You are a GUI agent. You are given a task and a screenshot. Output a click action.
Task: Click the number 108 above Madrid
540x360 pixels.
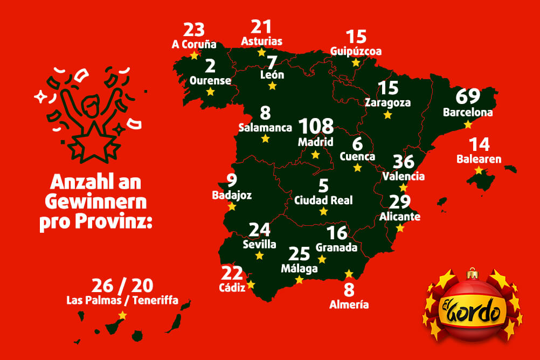pyautogui.click(x=316, y=127)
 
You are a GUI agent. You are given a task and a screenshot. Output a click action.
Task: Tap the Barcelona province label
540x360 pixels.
pyautogui.click(x=468, y=113)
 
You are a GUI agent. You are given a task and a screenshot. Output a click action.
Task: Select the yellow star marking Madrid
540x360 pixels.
pyautogui.click(x=316, y=155)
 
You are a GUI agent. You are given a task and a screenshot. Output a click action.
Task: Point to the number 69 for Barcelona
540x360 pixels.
pyautogui.click(x=468, y=97)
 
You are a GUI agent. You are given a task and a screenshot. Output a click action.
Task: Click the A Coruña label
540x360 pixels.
pyautogui.click(x=194, y=45)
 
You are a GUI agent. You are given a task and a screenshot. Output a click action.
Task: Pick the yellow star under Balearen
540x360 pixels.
pyautogui.click(x=479, y=170)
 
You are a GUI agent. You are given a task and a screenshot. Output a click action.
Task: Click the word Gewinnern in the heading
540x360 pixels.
pyautogui.click(x=95, y=202)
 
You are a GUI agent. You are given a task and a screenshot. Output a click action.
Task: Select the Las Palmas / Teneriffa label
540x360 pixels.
pyautogui.click(x=122, y=300)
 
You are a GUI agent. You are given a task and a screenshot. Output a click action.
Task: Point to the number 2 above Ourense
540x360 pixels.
pyautogui.click(x=210, y=66)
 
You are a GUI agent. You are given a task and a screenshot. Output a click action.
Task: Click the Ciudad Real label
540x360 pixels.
pyautogui.click(x=323, y=200)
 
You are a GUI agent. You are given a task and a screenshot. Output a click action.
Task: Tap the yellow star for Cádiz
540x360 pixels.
pyautogui.click(x=250, y=285)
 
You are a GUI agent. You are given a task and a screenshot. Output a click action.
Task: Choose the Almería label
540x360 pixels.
pyautogui.click(x=349, y=304)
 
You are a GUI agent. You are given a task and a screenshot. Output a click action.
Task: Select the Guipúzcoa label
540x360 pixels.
pyautogui.click(x=356, y=51)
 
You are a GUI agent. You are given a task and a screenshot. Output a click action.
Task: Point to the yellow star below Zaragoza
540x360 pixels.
pyautogui.click(x=387, y=115)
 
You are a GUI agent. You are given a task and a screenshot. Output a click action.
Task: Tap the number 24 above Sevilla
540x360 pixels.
pyautogui.click(x=259, y=230)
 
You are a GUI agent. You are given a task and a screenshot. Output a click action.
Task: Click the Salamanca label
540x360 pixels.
pyautogui.click(x=265, y=128)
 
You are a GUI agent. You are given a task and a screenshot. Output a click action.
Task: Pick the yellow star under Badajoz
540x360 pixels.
pyautogui.click(x=232, y=206)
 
